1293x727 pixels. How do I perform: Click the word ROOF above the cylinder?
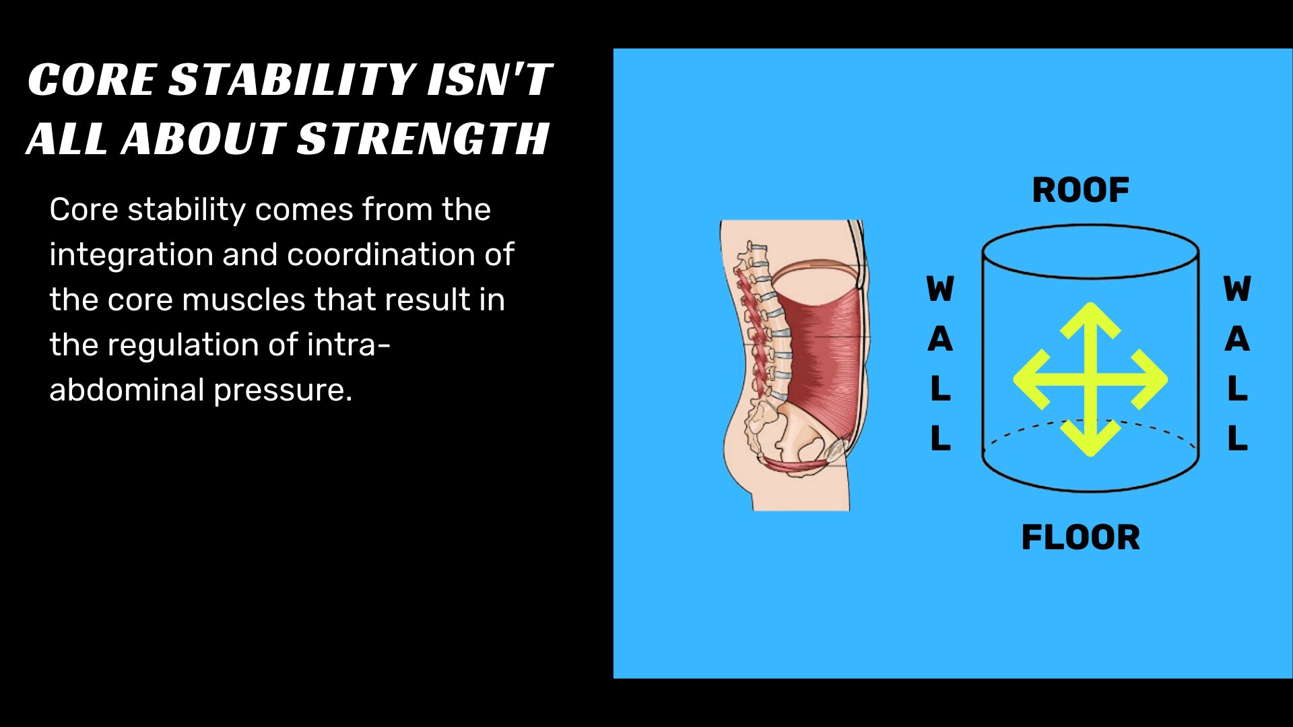point(1080,191)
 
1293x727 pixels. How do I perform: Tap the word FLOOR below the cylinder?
point(1080,538)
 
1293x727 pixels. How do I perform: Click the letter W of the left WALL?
point(940,289)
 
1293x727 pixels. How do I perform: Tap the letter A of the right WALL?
point(1237,339)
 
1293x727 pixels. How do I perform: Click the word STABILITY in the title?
point(291,80)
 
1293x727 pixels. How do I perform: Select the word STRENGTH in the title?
point(423,139)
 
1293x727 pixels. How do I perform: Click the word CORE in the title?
point(92,80)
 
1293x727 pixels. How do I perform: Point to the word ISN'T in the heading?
point(490,80)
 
